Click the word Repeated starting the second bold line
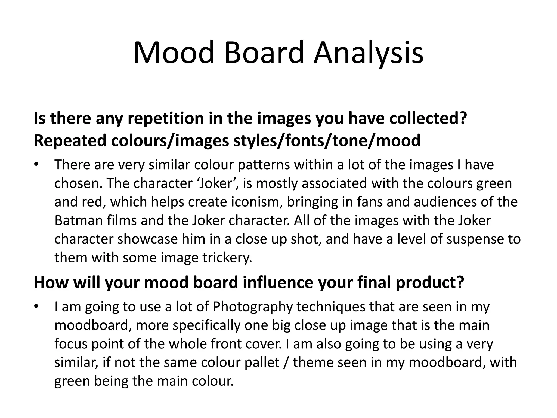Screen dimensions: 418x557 click(x=70, y=140)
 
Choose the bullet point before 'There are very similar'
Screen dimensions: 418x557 click(x=36, y=165)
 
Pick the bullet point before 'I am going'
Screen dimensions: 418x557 click(x=36, y=307)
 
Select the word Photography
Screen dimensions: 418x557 click(x=252, y=307)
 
